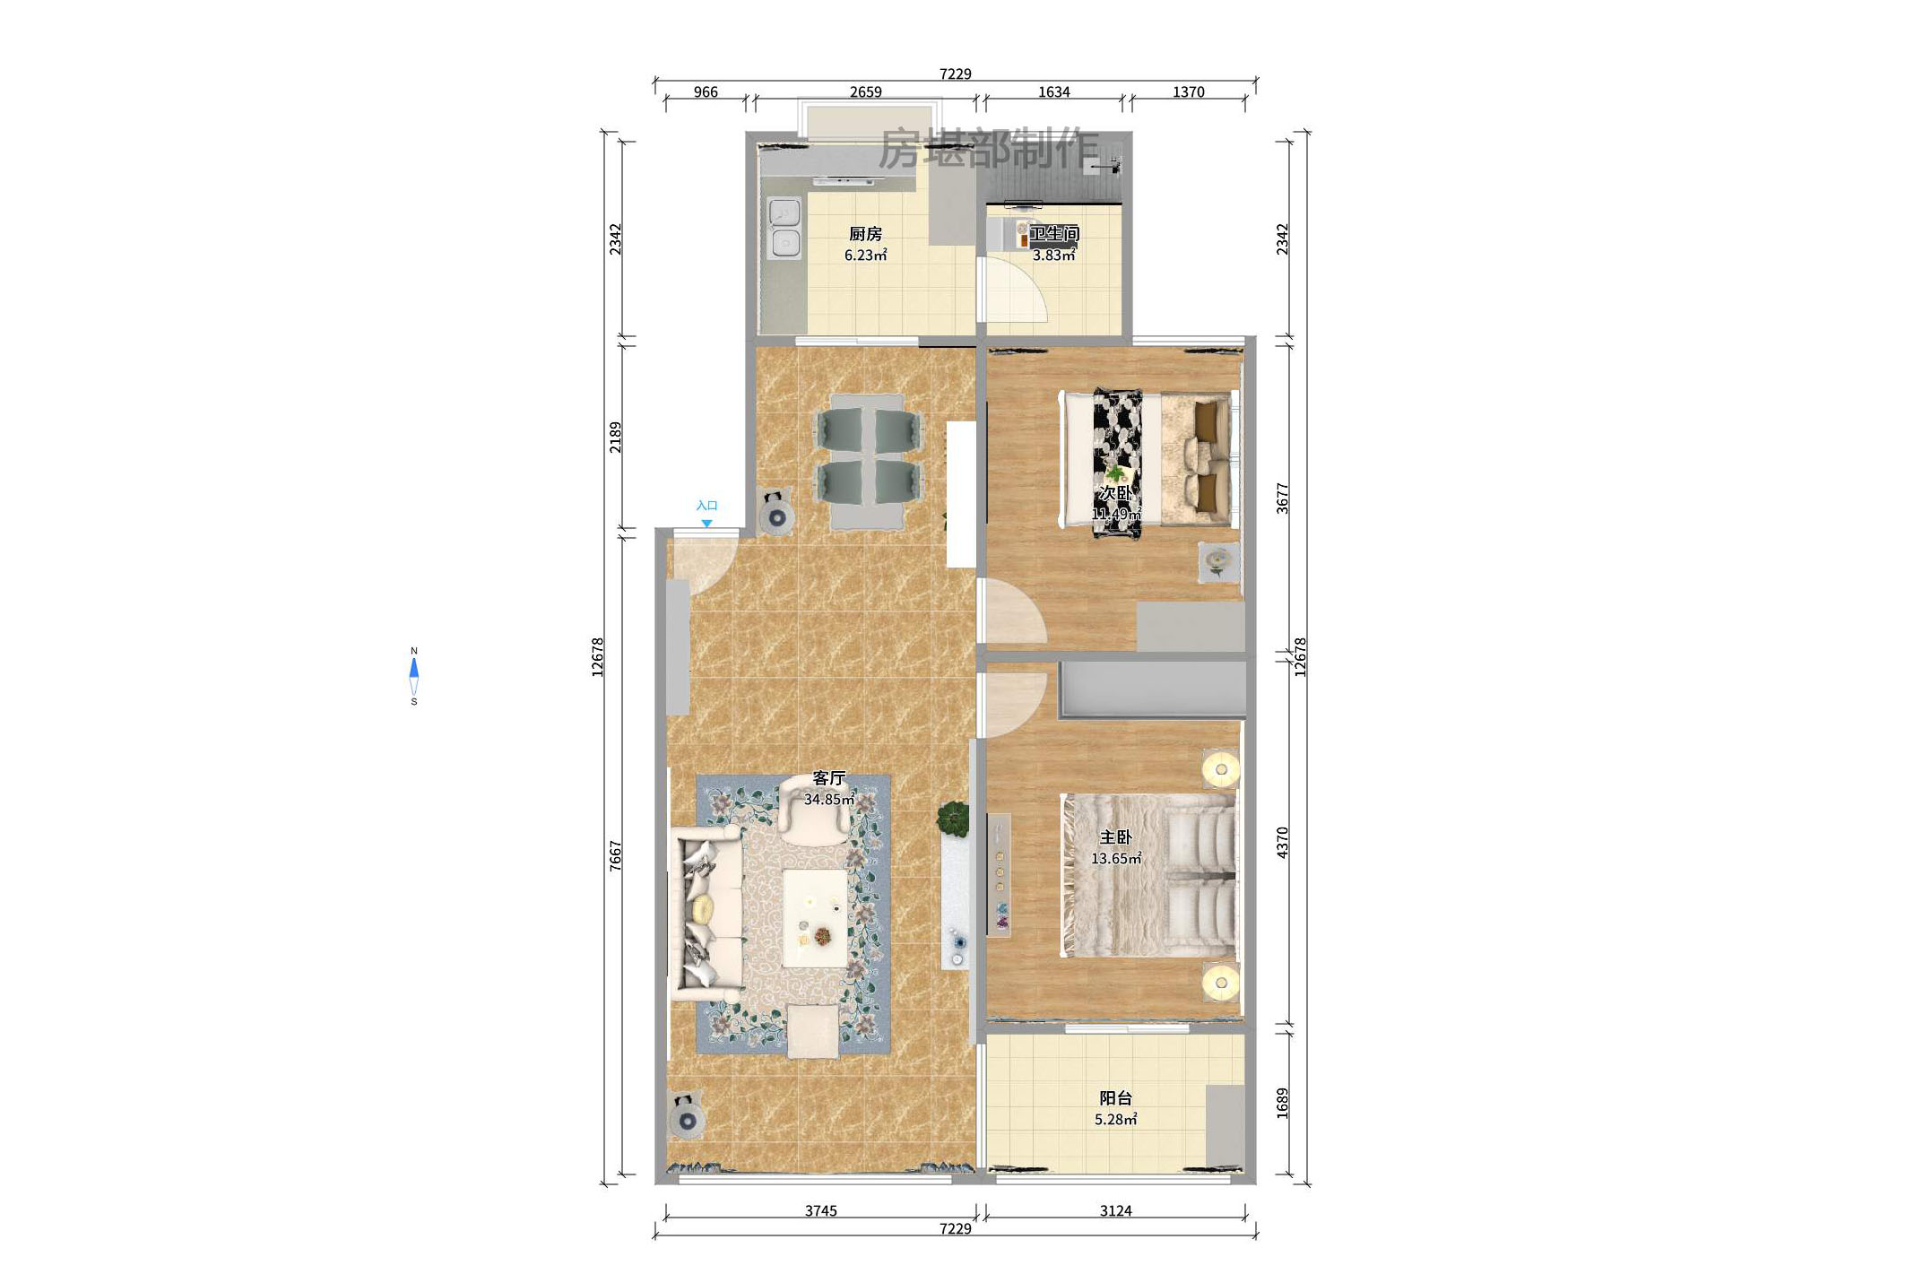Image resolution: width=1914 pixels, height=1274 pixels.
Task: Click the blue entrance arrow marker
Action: click(x=706, y=523)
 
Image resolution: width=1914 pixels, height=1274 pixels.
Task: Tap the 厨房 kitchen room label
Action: click(x=865, y=234)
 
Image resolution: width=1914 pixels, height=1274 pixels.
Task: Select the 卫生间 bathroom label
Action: click(x=1053, y=233)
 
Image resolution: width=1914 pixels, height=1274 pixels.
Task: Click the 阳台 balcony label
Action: click(x=1115, y=1098)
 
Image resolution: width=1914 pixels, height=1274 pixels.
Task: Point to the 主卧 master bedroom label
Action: click(x=1115, y=837)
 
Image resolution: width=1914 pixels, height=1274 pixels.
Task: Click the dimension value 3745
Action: click(x=820, y=1210)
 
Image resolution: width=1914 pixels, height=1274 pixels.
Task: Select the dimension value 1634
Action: click(x=1053, y=91)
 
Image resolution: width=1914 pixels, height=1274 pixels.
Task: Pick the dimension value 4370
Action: click(x=1282, y=843)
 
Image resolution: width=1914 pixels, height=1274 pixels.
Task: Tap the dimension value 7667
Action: click(x=615, y=854)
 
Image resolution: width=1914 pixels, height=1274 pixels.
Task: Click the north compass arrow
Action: click(x=414, y=669)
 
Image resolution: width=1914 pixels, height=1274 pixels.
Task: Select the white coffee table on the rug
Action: click(x=815, y=917)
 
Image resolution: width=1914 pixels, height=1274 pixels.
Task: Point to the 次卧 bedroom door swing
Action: click(x=1013, y=612)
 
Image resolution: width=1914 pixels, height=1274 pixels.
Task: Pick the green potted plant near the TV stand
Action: click(x=953, y=818)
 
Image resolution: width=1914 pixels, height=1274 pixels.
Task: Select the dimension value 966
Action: click(x=706, y=91)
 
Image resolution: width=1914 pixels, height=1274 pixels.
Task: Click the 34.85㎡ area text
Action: click(x=828, y=799)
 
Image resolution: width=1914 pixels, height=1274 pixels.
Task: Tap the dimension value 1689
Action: click(x=1282, y=1103)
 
